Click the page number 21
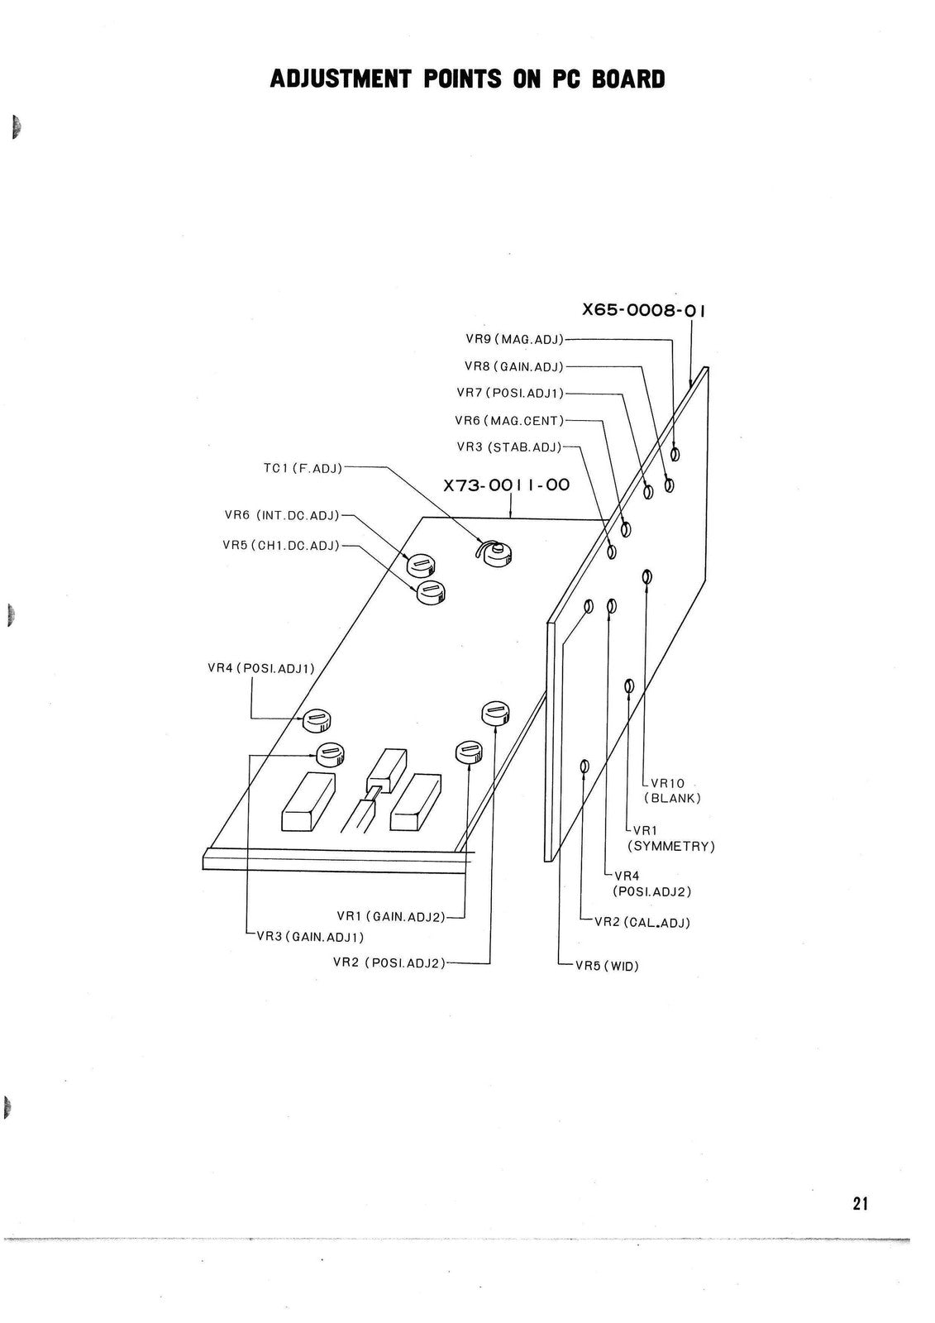pyautogui.click(x=860, y=1203)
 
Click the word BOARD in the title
pyautogui.click(x=628, y=79)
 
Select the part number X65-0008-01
pyautogui.click(x=643, y=310)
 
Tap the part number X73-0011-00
pyautogui.click(x=506, y=485)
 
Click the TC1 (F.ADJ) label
pyautogui.click(x=303, y=468)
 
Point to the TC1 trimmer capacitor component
pyautogui.click(x=494, y=553)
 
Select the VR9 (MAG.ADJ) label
pyautogui.click(x=514, y=339)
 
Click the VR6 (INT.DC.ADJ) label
pyautogui.click(x=283, y=515)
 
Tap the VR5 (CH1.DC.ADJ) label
pyautogui.click(x=281, y=545)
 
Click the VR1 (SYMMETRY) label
pyautogui.click(x=671, y=838)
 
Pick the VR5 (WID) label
pyautogui.click(x=607, y=967)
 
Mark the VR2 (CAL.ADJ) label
pyautogui.click(x=642, y=923)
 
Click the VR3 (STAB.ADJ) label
pyautogui.click(x=509, y=447)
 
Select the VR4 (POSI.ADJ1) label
pyautogui.click(x=261, y=669)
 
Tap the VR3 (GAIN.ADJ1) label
pyautogui.click(x=310, y=937)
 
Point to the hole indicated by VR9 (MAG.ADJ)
pyautogui.click(x=675, y=454)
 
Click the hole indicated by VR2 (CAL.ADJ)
pyautogui.click(x=584, y=767)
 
